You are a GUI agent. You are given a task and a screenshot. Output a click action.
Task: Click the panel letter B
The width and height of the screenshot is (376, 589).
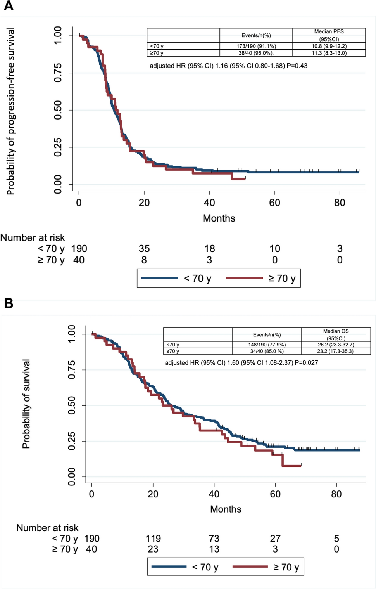pyautogui.click(x=9, y=303)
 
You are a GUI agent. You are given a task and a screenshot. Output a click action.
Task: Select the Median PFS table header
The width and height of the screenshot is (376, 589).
pyautogui.click(x=329, y=35)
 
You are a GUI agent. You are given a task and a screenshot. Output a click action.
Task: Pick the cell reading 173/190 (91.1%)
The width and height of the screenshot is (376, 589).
pyautogui.click(x=256, y=46)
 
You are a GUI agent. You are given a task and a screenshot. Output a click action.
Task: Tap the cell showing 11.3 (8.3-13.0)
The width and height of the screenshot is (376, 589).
pyautogui.click(x=329, y=53)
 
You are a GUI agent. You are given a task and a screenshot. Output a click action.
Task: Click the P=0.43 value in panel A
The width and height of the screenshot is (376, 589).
pyautogui.click(x=297, y=66)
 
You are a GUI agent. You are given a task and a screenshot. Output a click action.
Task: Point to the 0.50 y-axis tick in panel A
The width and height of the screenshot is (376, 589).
pyautogui.click(x=58, y=110)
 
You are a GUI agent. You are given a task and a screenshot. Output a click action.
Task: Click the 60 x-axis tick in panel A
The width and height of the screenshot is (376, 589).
pyautogui.click(x=274, y=203)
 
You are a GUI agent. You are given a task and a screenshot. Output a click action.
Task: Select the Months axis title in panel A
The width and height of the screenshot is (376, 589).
pyautogui.click(x=219, y=218)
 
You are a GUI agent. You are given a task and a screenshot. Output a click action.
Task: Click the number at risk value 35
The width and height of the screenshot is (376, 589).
pyautogui.click(x=144, y=249)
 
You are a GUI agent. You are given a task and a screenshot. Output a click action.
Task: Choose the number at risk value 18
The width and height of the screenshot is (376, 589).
pyautogui.click(x=209, y=249)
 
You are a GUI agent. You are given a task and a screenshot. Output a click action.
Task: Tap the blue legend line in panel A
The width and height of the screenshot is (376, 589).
pyautogui.click(x=160, y=278)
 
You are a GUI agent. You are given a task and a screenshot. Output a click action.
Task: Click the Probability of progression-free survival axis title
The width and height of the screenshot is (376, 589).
pyautogui.click(x=10, y=111)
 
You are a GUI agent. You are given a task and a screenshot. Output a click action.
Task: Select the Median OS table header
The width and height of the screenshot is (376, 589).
pyautogui.click(x=336, y=334)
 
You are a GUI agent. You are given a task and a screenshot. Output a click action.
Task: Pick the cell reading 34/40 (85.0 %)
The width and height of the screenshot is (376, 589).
pyautogui.click(x=267, y=352)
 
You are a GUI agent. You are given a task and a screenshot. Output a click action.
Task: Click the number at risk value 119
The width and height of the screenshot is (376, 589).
pyautogui.click(x=153, y=539)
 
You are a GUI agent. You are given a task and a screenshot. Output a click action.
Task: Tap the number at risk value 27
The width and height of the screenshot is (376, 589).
pyautogui.click(x=275, y=539)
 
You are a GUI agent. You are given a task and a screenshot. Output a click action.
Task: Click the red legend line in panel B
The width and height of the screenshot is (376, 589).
pyautogui.click(x=250, y=567)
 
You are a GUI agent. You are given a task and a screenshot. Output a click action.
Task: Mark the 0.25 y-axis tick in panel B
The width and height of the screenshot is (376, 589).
pyautogui.click(x=72, y=441)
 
